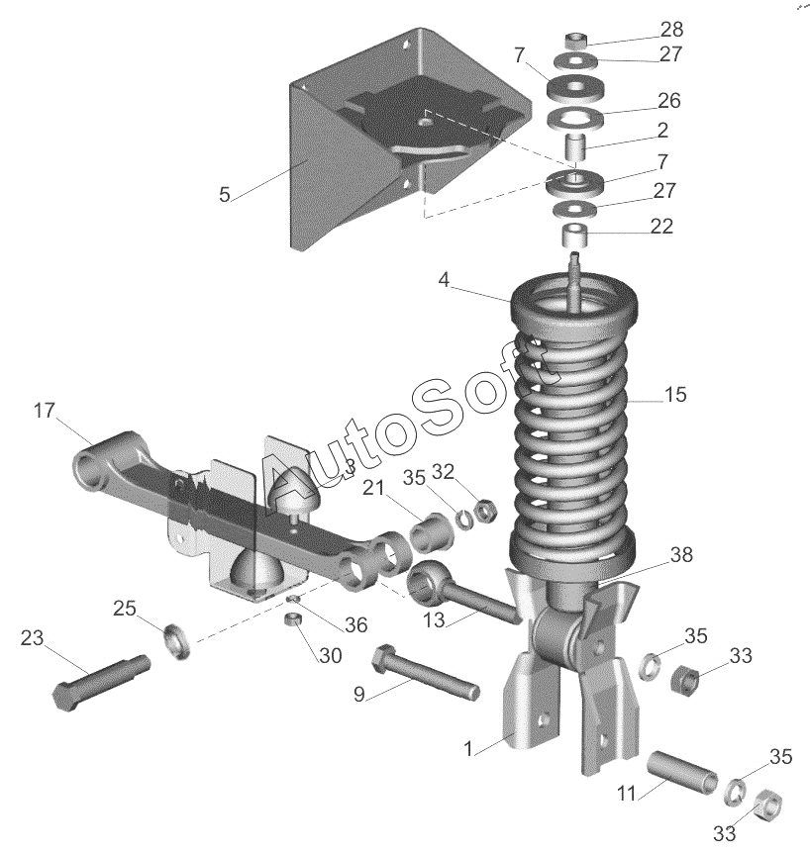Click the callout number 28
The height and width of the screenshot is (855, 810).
(x=671, y=30)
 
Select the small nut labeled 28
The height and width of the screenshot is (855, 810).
(x=576, y=41)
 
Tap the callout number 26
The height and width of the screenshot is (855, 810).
(x=668, y=101)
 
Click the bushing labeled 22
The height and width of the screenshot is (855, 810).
(x=576, y=234)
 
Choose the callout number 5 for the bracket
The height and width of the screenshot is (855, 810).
(x=225, y=195)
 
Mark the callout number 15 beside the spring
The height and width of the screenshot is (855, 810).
(x=675, y=395)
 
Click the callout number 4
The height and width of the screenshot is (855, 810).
(x=444, y=280)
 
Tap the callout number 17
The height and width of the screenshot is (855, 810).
(x=45, y=410)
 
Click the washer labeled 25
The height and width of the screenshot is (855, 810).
(x=177, y=639)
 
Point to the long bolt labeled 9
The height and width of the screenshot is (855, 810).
(x=426, y=672)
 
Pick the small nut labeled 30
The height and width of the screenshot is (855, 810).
(x=294, y=619)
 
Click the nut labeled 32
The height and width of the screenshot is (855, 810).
(x=484, y=511)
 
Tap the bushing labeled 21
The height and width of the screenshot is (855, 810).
(x=432, y=531)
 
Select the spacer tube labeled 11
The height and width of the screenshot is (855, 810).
(x=682, y=772)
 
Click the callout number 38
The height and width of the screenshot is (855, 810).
(x=681, y=555)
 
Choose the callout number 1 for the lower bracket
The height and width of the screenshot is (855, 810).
(x=468, y=749)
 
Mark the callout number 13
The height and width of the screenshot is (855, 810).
(x=435, y=620)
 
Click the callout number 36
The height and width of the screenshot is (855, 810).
(x=356, y=624)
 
